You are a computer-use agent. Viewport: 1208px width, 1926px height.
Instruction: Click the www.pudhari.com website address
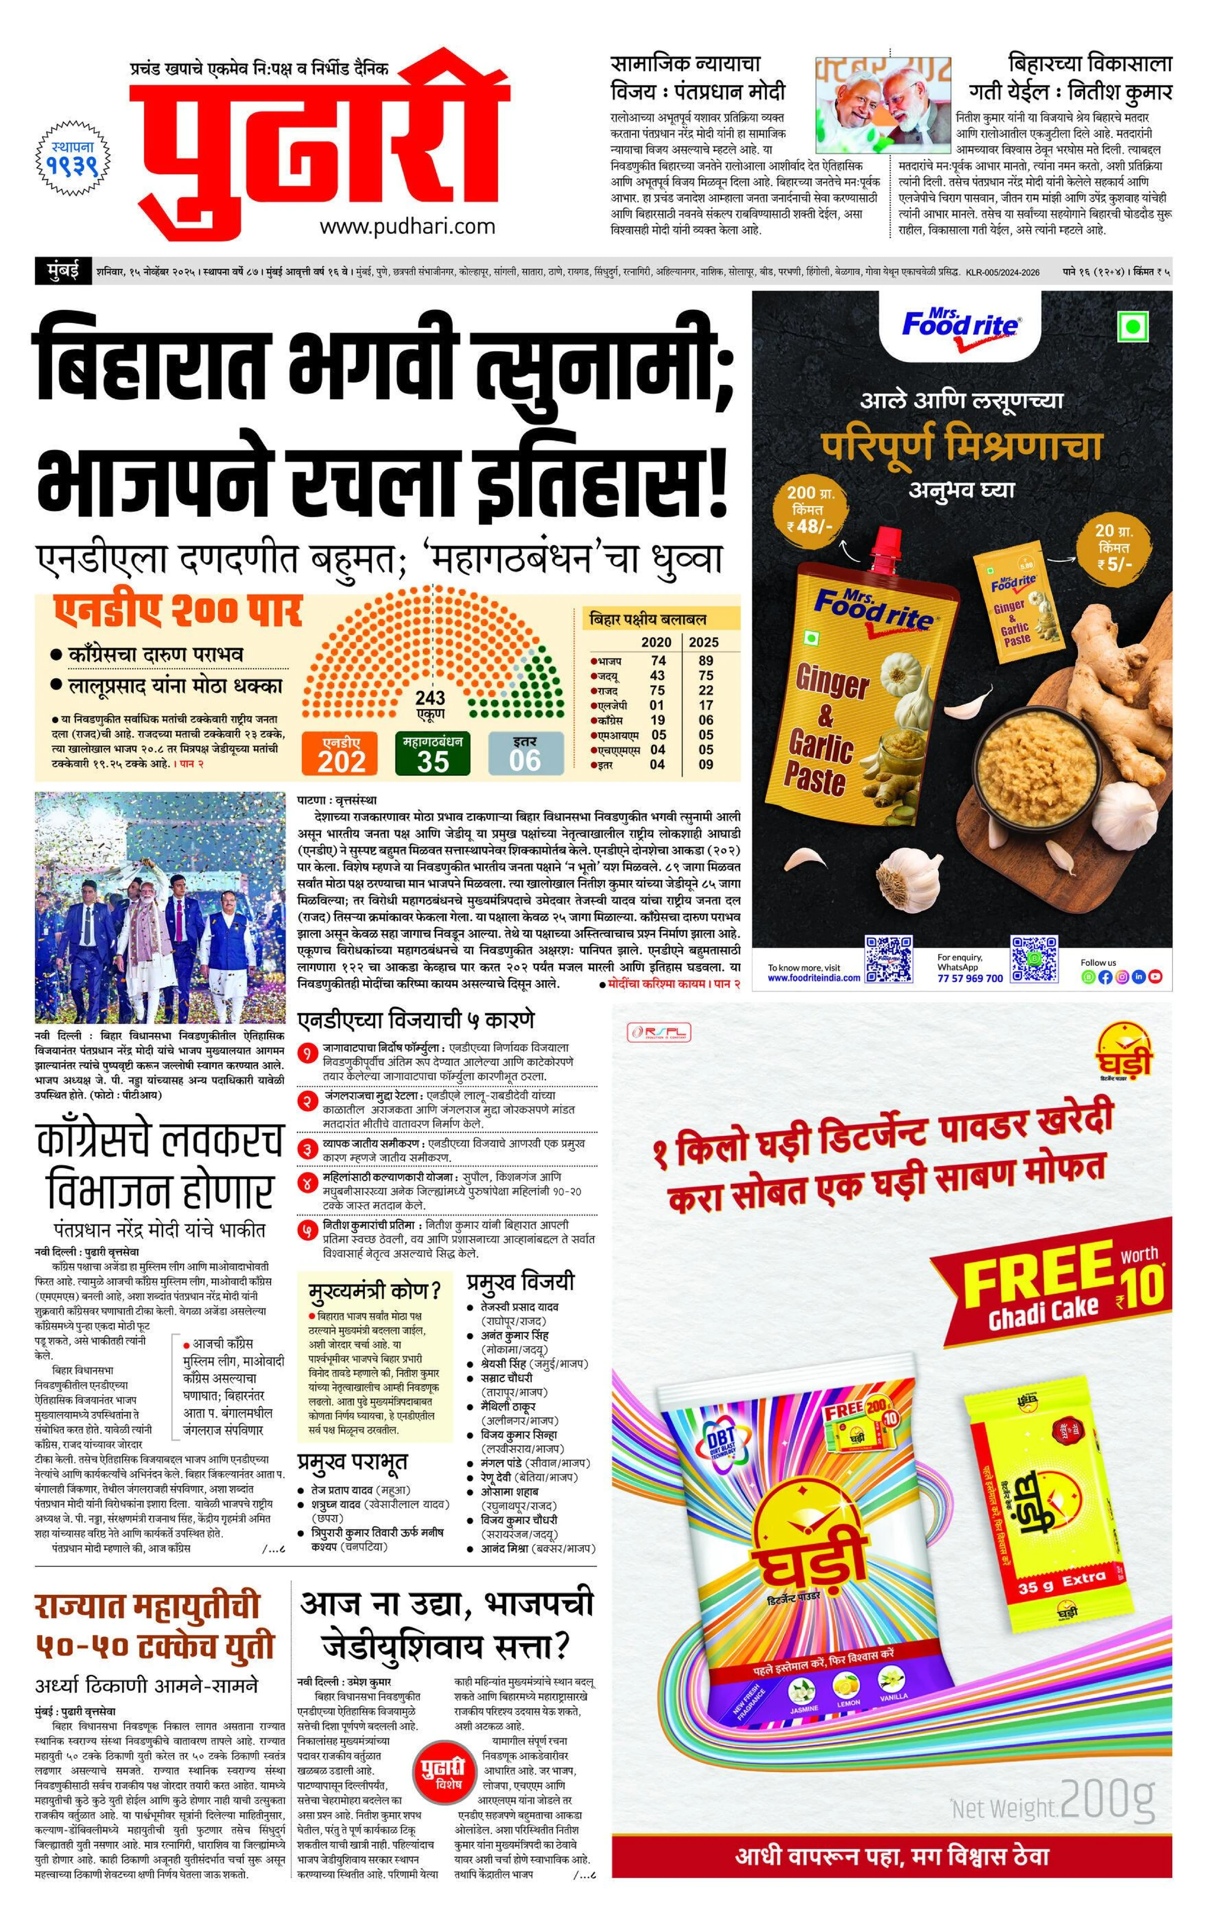[x=407, y=227]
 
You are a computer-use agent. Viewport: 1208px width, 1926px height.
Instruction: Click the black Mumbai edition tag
[x=62, y=272]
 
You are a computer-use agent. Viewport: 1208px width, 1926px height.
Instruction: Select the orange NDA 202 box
[x=342, y=754]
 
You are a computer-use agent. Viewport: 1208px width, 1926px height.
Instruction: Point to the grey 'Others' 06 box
[x=525, y=754]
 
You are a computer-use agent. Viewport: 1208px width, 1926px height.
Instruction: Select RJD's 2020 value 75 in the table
[x=658, y=690]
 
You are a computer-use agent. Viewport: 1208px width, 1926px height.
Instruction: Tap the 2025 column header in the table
[x=703, y=642]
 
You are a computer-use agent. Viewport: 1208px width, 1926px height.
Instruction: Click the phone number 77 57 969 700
[x=970, y=978]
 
